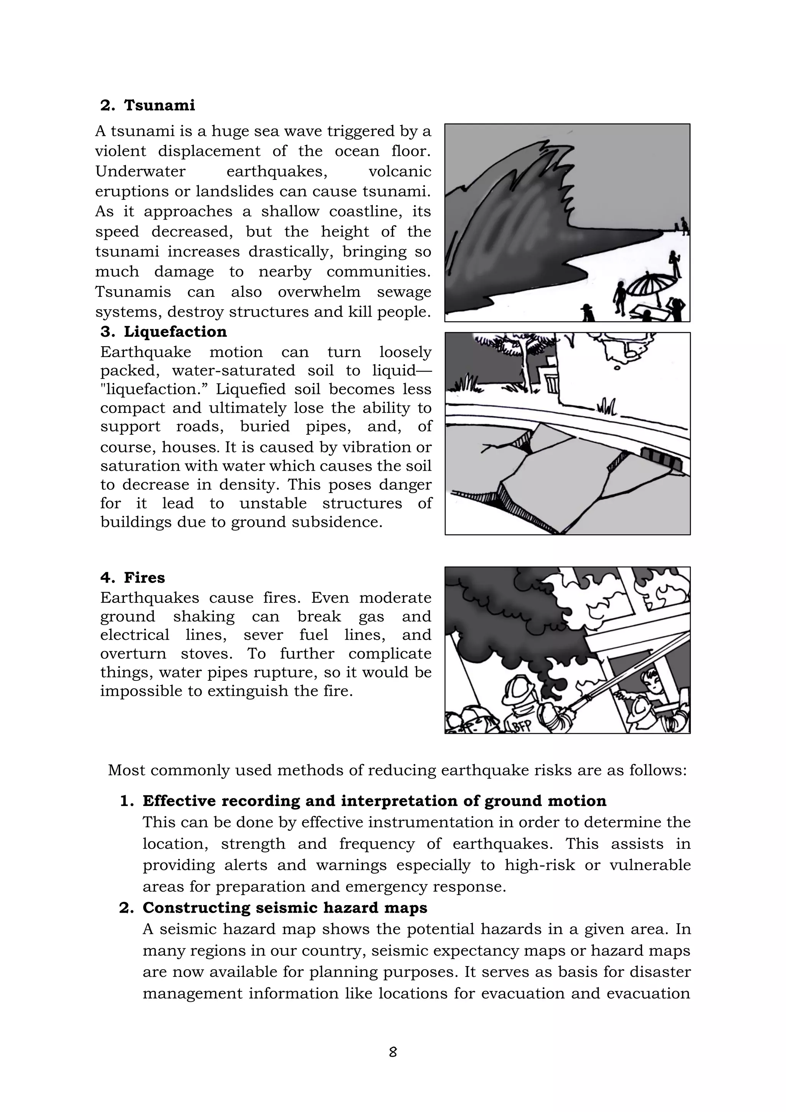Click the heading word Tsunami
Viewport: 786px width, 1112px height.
tap(159, 105)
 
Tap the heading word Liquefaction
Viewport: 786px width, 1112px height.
tap(175, 332)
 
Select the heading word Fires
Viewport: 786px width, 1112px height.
tap(144, 578)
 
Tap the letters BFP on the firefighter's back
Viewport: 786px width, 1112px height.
tap(521, 725)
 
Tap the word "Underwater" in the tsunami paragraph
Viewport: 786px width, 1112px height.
tap(140, 172)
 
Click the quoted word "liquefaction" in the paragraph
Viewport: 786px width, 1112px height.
tap(154, 389)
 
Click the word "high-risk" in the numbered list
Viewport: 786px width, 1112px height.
tap(540, 865)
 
